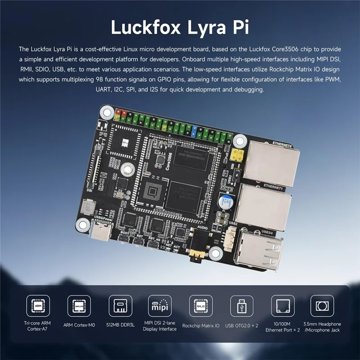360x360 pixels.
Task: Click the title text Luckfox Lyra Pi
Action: (x=180, y=27)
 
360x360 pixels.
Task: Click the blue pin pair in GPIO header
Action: (x=194, y=131)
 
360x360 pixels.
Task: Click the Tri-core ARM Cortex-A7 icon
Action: (x=38, y=306)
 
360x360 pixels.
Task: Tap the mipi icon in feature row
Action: (x=160, y=306)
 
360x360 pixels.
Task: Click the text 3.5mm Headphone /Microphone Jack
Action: (x=322, y=327)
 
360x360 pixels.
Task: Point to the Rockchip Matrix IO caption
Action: (x=201, y=325)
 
